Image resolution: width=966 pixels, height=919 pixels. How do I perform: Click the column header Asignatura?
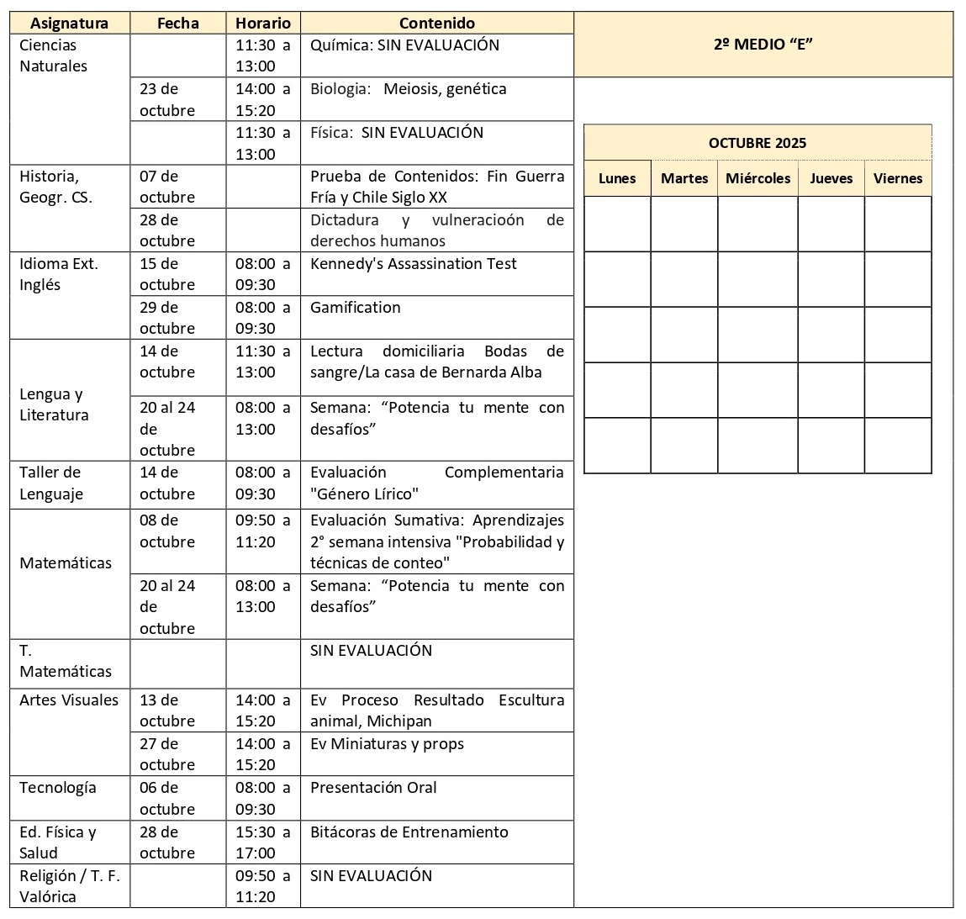point(70,24)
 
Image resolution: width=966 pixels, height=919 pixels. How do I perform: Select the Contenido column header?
point(436,24)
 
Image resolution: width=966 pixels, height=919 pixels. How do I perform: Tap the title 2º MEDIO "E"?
point(763,45)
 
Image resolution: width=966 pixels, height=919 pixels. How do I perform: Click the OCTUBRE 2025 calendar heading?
point(757,143)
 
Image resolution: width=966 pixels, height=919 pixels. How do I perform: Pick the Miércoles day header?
point(757,178)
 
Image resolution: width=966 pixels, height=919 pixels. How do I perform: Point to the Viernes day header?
point(897,178)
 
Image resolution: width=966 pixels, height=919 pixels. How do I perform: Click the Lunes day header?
point(617,178)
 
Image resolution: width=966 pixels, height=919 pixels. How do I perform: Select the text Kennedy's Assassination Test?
point(413,264)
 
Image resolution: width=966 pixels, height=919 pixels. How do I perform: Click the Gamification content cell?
point(355,308)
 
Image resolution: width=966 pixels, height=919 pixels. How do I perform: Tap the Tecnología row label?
point(57,788)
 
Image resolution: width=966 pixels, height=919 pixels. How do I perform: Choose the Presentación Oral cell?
point(373,788)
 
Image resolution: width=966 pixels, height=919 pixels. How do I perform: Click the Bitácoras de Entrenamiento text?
point(409,832)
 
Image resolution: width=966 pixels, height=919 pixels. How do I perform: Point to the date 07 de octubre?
point(166,187)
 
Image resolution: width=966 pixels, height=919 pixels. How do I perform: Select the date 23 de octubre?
point(166,99)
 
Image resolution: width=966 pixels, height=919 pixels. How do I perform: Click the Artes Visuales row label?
point(69,700)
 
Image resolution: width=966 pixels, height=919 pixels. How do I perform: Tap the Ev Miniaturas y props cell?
point(387,744)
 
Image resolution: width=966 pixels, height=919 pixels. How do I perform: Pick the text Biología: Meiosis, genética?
point(408,89)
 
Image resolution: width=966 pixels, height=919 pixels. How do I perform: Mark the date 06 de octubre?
point(166,799)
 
